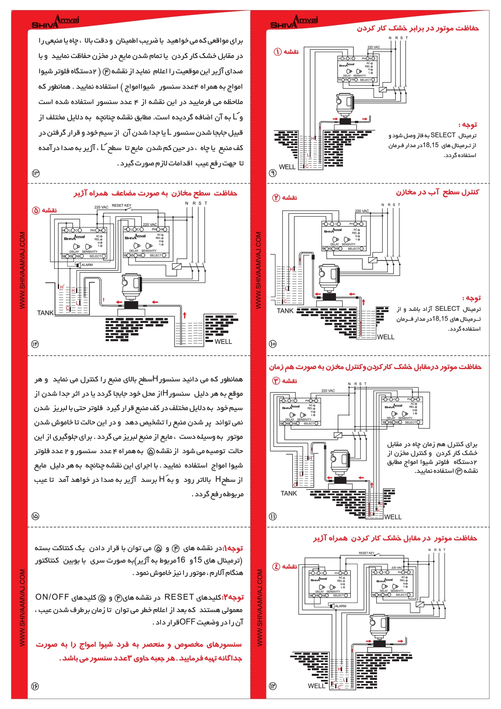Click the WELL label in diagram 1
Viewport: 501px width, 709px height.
287,167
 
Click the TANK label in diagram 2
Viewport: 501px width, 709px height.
285,311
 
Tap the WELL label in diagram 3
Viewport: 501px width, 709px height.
393,517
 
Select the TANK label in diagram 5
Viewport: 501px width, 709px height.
45,313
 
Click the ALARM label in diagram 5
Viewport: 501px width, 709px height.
87,265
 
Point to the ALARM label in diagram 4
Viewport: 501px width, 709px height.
340,606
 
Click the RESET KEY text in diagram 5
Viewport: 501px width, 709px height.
121,206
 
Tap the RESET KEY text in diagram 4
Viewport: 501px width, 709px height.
366,553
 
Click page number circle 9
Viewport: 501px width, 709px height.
273,173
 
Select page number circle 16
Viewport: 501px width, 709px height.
35,686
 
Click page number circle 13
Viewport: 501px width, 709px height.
36,173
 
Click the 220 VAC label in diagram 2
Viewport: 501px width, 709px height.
362,211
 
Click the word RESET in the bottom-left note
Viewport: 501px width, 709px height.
179,597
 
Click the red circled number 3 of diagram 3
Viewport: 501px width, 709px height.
276,381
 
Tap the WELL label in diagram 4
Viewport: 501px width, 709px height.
316,686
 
